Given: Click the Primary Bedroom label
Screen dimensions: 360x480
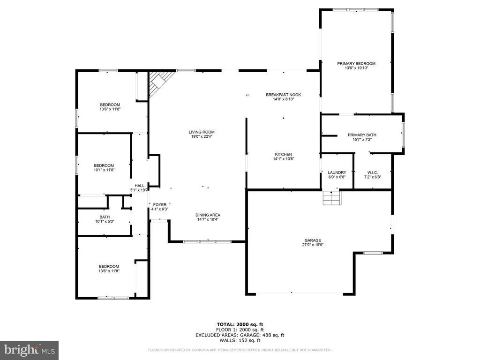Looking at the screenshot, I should coord(356,63).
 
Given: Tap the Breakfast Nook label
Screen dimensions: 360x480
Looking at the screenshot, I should coord(283,95).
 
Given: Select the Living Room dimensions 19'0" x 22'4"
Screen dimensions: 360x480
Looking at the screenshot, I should coord(202,137).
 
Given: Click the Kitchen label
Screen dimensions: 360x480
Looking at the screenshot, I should coord(283,154).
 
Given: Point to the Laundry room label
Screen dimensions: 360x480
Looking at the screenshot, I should coord(337,172).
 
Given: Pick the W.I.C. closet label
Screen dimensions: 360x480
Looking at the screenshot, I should coord(372,172).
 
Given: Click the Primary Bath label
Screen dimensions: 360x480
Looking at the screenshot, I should coord(361,135).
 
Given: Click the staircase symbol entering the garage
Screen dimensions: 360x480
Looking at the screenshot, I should coord(331,198).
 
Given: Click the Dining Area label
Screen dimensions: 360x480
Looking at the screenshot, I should coord(208,215).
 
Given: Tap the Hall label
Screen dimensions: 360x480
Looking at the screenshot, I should coord(140,186).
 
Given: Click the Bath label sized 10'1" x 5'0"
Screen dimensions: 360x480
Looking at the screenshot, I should coord(104,217).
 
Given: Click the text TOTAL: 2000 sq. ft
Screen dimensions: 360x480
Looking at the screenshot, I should coord(240,324).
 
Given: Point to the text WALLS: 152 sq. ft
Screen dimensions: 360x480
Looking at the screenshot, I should coord(240,340).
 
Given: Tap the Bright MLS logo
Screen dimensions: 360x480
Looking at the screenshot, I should coord(29,350).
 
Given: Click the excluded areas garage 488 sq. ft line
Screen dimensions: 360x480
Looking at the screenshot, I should coord(240,335).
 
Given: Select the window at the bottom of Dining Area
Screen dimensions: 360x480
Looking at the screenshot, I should coord(207,242).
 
